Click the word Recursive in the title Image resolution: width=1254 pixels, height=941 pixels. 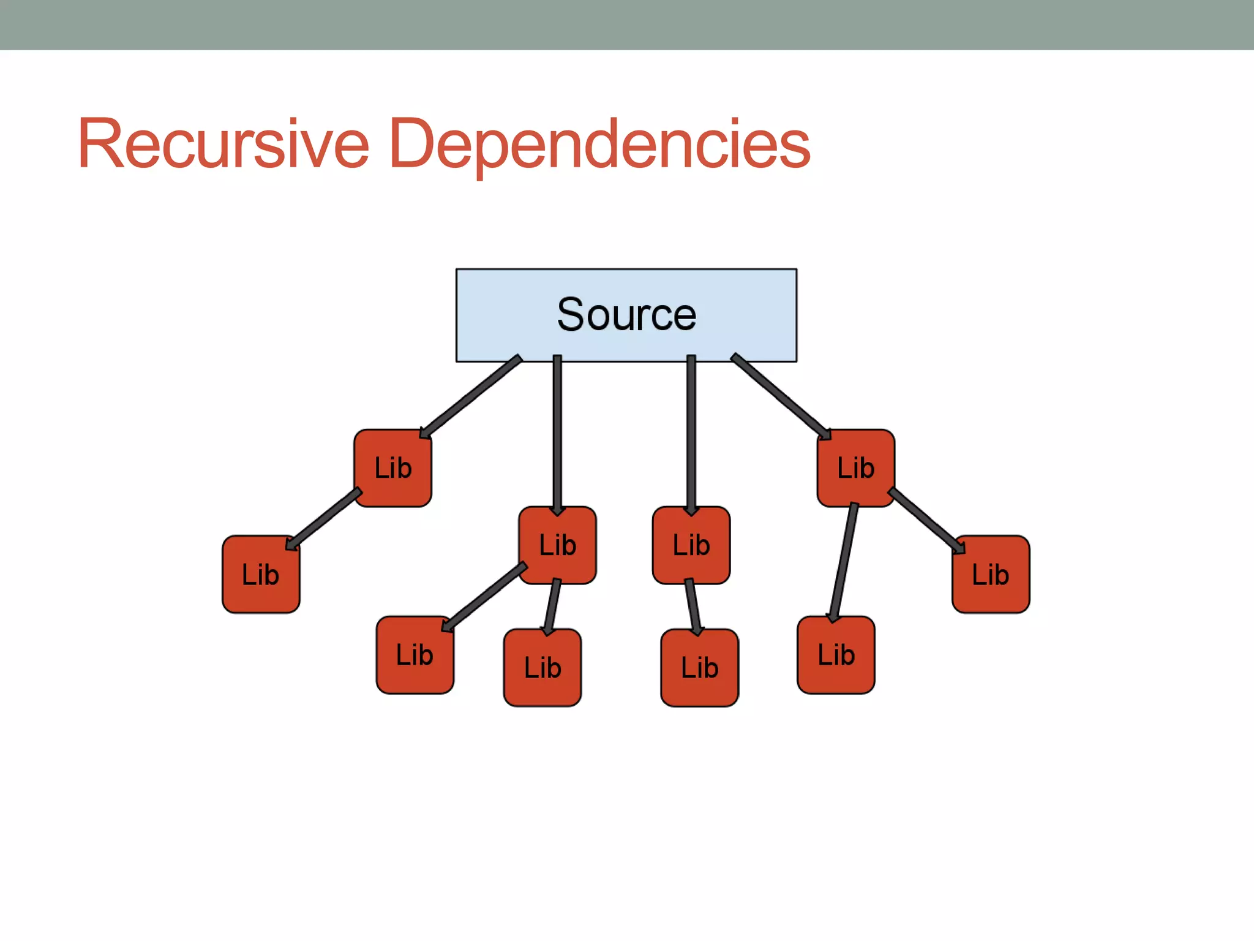click(223, 144)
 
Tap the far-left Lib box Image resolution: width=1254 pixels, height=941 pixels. click(261, 574)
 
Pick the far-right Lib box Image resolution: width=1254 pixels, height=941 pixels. click(990, 574)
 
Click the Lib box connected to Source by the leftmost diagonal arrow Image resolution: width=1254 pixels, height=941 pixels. click(392, 468)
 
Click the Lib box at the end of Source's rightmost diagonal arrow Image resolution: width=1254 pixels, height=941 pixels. click(855, 468)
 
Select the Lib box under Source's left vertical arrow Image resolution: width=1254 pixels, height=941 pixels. click(557, 545)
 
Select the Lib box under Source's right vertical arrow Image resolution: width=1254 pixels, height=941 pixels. click(691, 545)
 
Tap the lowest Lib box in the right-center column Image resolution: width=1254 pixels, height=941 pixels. click(699, 667)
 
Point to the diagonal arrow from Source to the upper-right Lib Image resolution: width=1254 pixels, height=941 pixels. click(781, 396)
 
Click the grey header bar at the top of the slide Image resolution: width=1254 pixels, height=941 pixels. click(627, 25)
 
